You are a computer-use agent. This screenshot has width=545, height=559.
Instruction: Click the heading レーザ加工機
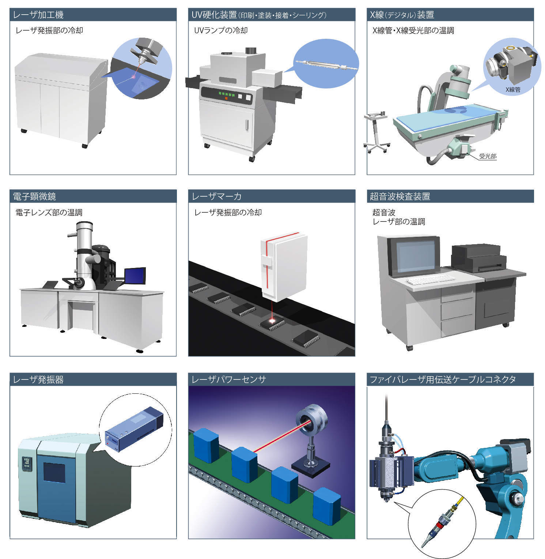38,15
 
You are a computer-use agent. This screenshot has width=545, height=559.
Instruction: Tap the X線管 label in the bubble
512,89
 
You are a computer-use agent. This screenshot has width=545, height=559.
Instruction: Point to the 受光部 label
488,156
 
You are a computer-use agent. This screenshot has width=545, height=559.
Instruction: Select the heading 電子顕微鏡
34,196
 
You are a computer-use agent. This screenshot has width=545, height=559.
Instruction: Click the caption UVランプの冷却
221,30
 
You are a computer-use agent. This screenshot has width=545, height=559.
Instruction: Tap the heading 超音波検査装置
400,196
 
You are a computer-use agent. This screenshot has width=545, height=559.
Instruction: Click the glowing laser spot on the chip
272,321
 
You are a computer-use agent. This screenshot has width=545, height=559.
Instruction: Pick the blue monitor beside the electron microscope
135,276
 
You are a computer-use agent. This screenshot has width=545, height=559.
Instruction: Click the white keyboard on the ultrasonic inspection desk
431,280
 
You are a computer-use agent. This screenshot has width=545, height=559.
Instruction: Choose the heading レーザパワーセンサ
229,379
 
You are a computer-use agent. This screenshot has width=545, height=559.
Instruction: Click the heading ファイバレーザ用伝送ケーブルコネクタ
443,379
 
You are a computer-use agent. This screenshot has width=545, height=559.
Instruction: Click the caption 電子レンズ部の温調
49,212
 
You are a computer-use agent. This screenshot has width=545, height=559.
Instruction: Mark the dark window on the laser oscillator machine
54,472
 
